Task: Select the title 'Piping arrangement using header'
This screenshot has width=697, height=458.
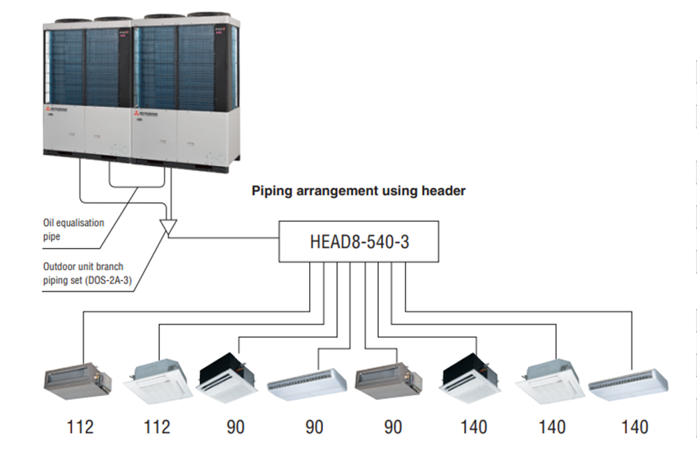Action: pyautogui.click(x=358, y=191)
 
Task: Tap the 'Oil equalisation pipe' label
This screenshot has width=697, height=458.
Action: pyautogui.click(x=73, y=228)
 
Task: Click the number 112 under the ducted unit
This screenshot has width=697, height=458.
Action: pyautogui.click(x=80, y=427)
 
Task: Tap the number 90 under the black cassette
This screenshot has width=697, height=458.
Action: pyautogui.click(x=236, y=427)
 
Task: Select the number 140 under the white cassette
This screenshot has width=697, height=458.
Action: pyautogui.click(x=552, y=427)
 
